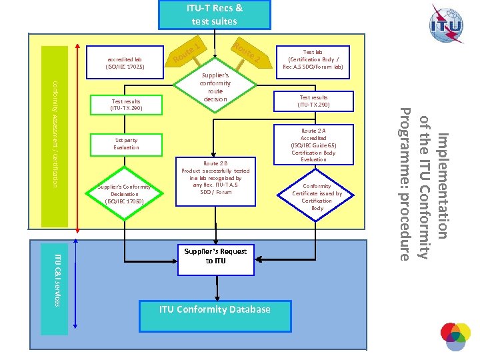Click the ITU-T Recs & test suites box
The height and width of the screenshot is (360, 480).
(214, 15)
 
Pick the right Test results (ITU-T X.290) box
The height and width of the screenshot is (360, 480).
(313, 101)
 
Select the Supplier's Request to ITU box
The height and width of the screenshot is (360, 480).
(215, 256)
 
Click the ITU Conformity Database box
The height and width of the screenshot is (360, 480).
(215, 309)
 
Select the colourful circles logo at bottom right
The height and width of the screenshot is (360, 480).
(455, 337)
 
